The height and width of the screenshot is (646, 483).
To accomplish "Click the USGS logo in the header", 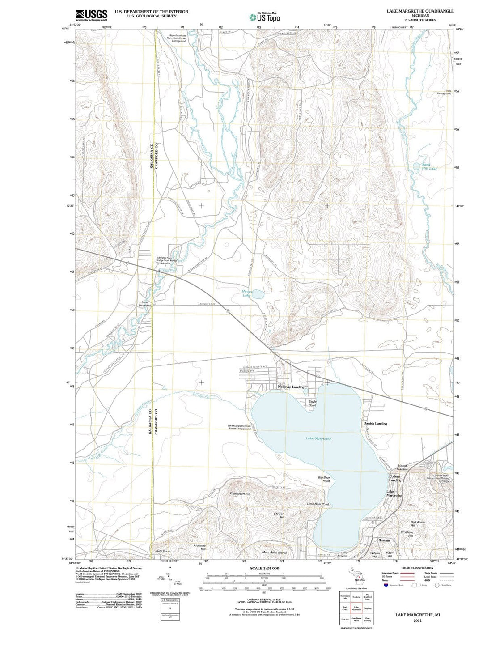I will pyautogui.click(x=92, y=15).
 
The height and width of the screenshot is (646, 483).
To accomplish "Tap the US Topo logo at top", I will pyautogui.click(x=265, y=17).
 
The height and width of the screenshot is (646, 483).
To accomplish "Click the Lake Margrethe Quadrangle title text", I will pyautogui.click(x=420, y=11).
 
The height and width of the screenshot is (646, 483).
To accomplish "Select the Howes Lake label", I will pyautogui.click(x=247, y=293).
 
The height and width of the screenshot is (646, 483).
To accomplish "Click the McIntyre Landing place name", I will pyautogui.click(x=291, y=387).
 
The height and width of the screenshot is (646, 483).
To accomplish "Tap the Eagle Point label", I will pyautogui.click(x=313, y=403).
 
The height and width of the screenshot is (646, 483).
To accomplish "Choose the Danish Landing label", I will pyautogui.click(x=375, y=423).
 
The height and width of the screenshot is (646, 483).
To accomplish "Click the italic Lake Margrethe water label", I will pyautogui.click(x=318, y=438).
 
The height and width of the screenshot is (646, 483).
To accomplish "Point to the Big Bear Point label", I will pyautogui.click(x=324, y=479).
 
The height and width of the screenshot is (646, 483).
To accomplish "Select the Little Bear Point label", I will pyautogui.click(x=318, y=504).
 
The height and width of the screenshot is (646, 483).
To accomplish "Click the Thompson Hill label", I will pyautogui.click(x=240, y=493).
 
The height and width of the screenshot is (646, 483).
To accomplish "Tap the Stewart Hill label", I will pyautogui.click(x=279, y=516).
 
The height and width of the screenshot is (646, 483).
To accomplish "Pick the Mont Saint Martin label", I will pyautogui.click(x=275, y=552).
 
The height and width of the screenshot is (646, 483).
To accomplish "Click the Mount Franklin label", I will pyautogui.click(x=402, y=467).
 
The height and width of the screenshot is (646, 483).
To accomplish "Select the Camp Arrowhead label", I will pyautogui.click(x=145, y=304).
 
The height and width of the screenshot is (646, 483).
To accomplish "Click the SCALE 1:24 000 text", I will pyautogui.click(x=265, y=569).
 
